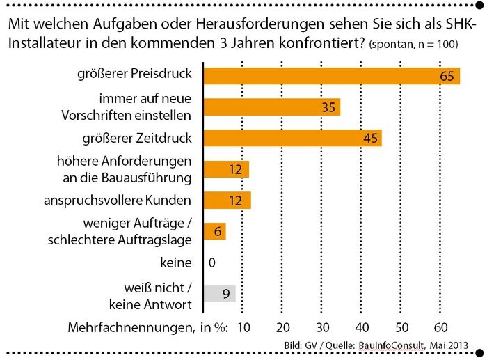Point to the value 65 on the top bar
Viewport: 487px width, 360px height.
point(447,75)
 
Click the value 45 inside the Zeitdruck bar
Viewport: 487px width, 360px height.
point(370,138)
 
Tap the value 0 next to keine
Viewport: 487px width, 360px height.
point(211,263)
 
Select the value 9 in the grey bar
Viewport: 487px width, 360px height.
point(226,294)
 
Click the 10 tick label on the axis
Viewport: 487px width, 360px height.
point(243,327)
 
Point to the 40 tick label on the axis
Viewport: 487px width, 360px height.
point(362,327)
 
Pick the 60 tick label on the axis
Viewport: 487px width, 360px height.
point(440,327)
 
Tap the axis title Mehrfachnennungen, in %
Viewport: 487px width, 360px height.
point(148,327)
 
